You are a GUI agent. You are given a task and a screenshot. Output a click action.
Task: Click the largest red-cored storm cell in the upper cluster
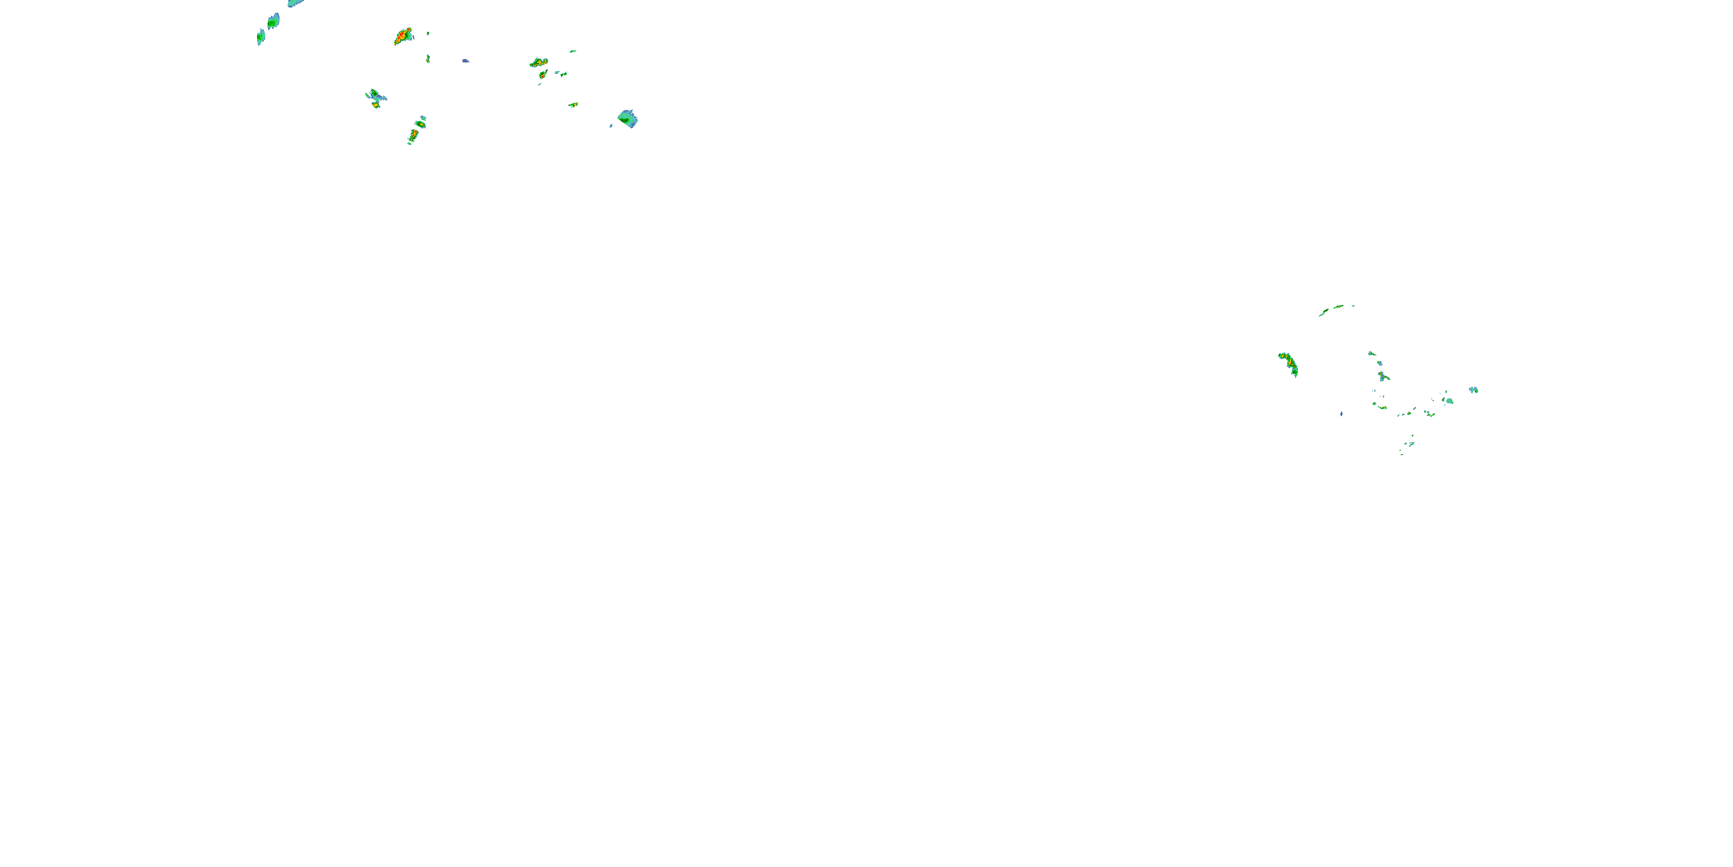pos(403,36)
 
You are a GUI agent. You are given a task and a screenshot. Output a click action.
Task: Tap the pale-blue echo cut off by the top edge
pos(295,3)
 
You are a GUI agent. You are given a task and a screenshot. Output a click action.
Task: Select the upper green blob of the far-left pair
pos(273,21)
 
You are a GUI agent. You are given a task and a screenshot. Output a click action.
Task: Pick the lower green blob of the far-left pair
pos(261,37)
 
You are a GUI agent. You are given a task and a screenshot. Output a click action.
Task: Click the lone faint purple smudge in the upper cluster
pos(466,61)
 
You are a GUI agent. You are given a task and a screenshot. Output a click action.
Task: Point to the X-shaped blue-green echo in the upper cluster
pos(375,97)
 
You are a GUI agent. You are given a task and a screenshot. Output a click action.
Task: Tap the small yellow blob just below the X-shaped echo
pos(377,105)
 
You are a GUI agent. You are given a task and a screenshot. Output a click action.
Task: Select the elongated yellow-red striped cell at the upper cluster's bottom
pos(413,135)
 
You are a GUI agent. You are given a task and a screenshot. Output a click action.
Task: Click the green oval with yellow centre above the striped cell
pos(421,123)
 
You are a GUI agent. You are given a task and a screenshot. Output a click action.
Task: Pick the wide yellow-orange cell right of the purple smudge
pos(538,62)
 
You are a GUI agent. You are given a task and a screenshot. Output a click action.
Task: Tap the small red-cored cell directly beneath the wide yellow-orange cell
pos(542,74)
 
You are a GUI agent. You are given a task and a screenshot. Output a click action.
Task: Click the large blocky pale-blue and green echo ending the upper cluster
pos(628,119)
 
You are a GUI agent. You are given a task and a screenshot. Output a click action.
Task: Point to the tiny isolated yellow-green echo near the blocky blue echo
pos(573,105)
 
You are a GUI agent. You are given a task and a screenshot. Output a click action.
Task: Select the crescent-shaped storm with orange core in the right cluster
pos(1289,364)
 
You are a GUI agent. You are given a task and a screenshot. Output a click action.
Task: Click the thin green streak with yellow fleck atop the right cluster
pos(1336,308)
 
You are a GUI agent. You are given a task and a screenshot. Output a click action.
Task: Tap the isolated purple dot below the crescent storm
pos(1341,413)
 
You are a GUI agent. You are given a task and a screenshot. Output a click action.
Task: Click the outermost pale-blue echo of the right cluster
pos(1473,390)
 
